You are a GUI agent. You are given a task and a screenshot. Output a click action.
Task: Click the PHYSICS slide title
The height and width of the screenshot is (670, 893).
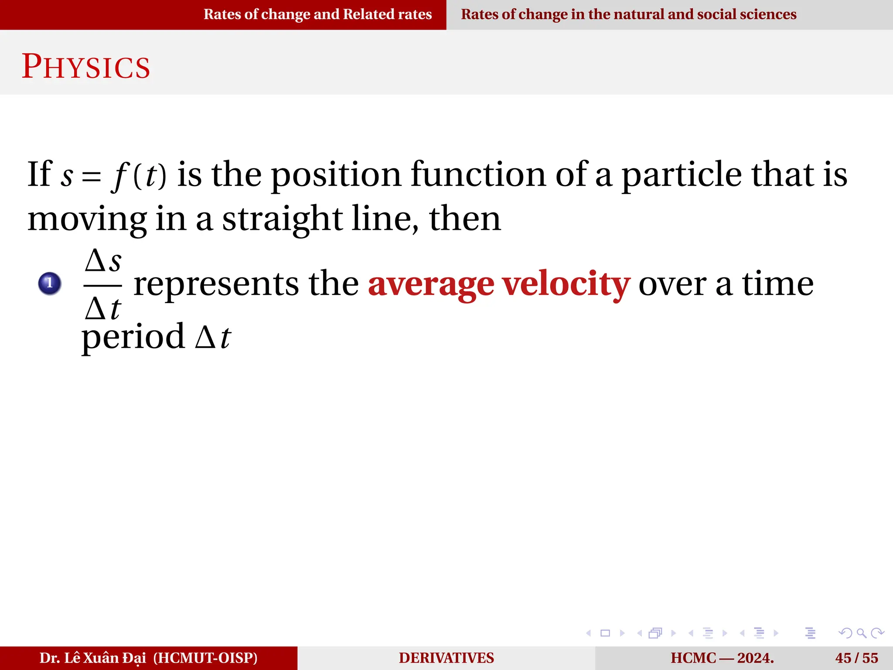[86, 67]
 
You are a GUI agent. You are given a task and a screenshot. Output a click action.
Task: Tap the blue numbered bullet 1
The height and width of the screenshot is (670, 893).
[49, 284]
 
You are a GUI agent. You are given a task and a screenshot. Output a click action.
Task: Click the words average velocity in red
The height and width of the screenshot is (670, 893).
[499, 284]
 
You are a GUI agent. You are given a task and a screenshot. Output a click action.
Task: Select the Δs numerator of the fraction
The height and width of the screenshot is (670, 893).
[103, 262]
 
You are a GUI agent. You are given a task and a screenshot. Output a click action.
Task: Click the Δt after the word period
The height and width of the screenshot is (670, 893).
[213, 337]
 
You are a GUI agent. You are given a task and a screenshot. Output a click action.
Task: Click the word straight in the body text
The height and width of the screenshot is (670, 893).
[283, 219]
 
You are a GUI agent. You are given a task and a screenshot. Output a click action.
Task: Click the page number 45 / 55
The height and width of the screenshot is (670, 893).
[856, 658]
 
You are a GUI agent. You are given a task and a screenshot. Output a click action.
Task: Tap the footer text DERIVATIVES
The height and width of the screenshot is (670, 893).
[446, 658]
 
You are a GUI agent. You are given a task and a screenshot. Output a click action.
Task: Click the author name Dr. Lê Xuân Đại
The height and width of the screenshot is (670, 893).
[93, 658]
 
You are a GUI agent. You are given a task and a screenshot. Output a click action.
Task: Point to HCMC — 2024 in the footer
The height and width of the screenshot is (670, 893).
[722, 658]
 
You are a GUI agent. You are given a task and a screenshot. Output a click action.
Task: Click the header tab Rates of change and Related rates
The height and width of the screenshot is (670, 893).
[317, 14]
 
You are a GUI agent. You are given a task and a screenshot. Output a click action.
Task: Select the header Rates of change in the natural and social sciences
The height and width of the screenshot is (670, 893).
[628, 14]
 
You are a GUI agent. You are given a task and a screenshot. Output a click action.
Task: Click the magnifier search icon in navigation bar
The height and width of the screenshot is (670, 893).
[862, 633]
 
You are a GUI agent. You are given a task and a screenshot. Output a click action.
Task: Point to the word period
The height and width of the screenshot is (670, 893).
[133, 337]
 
